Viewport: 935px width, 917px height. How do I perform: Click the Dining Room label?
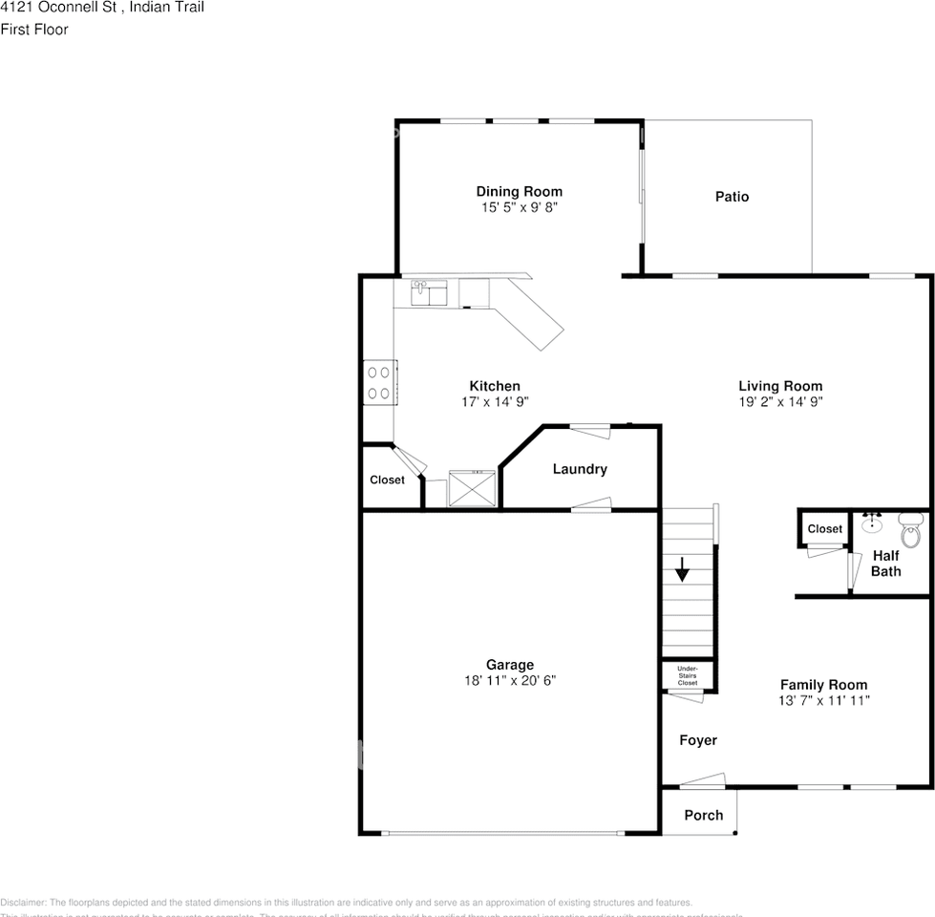(x=519, y=191)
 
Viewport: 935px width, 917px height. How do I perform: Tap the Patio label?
(x=732, y=197)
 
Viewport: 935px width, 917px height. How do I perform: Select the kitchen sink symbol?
(x=430, y=292)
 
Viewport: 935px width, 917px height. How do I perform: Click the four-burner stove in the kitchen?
(x=379, y=383)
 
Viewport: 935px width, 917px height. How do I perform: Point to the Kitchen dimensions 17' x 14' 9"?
(x=495, y=402)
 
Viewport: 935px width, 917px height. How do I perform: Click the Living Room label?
(x=779, y=386)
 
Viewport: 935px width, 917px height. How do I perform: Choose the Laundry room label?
(x=580, y=469)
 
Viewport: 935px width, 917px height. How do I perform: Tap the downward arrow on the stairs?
(x=682, y=571)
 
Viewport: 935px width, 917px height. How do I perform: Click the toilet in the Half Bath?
(x=909, y=528)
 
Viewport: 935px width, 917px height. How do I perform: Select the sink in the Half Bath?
(x=871, y=523)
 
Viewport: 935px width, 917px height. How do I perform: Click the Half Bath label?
(x=885, y=564)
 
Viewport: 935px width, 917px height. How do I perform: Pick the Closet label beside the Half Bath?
(x=824, y=529)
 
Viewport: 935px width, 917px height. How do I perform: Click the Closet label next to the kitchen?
(x=387, y=480)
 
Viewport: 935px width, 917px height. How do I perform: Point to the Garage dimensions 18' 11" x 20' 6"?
(x=509, y=681)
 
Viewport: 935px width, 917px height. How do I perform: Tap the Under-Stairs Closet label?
(x=687, y=675)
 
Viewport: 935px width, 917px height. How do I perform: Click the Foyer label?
(x=697, y=740)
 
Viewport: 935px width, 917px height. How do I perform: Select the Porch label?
(x=703, y=815)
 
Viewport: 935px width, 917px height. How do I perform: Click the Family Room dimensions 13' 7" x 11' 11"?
(x=823, y=700)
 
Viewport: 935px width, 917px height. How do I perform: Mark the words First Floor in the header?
(x=34, y=30)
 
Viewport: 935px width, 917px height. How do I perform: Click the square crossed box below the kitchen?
(x=472, y=488)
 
